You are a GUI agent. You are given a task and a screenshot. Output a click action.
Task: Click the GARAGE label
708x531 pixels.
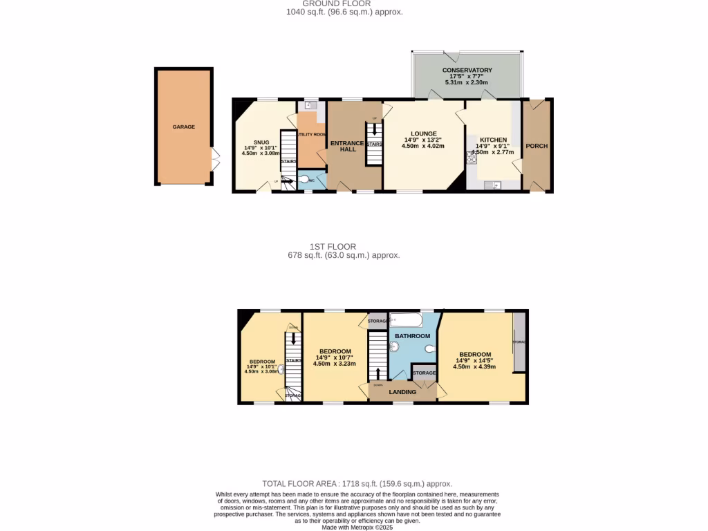click(x=183, y=127)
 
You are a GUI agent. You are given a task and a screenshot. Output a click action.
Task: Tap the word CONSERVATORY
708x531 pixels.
click(x=467, y=71)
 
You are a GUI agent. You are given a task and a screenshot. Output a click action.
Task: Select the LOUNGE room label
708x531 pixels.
click(x=422, y=133)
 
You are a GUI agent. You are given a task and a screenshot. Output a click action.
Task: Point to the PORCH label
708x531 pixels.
click(x=537, y=146)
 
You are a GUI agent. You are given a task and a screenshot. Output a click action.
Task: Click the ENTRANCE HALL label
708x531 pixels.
click(x=347, y=146)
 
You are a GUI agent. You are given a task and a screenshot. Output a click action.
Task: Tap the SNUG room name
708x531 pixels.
click(x=261, y=142)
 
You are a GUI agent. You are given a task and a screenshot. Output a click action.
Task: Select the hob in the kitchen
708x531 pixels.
click(x=472, y=157)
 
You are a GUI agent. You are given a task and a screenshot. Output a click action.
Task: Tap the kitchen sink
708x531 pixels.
click(x=495, y=185)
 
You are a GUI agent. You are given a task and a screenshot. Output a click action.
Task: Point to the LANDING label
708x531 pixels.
click(x=402, y=392)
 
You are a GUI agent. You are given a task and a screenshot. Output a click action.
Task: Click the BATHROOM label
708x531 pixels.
click(x=412, y=336)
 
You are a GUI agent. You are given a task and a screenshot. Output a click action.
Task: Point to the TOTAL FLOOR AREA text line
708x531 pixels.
click(x=356, y=484)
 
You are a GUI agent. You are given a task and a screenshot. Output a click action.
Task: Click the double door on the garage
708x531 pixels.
click(x=216, y=160)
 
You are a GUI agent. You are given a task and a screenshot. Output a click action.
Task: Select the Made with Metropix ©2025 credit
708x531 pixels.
click(x=355, y=527)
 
